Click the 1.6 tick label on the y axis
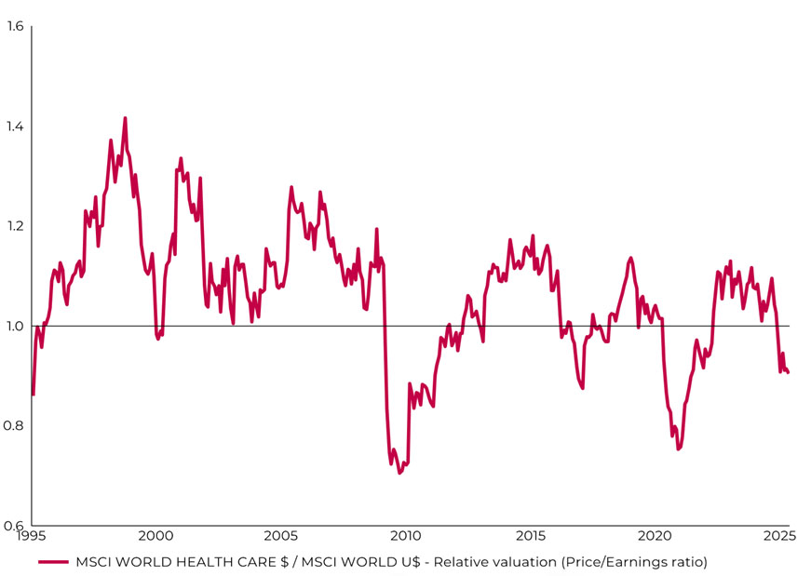pos(15,26)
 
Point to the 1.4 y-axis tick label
pos(15,127)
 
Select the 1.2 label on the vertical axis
pos(15,226)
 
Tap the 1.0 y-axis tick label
pos(15,326)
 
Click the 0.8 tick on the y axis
pos(15,426)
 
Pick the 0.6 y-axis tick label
pos(15,526)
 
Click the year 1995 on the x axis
pos(31,537)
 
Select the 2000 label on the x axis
pos(155,537)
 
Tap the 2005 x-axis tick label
pos(280,537)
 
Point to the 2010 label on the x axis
pos(405,537)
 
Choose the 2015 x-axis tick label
pos(531,537)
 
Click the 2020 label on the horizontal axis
pos(656,537)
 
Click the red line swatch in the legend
pos(53,562)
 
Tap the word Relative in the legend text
pos(462,562)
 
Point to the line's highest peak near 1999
pos(125,118)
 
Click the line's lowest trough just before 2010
pos(400,473)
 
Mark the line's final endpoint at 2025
pos(789,373)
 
